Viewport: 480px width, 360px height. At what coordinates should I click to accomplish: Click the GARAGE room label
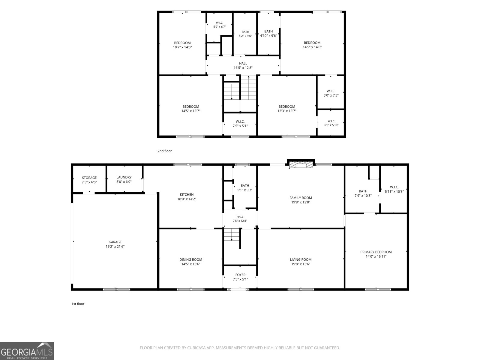click(115, 242)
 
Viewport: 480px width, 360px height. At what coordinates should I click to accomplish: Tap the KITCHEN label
click(187, 194)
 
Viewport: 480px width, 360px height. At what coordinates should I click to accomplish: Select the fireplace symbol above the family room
click(301, 164)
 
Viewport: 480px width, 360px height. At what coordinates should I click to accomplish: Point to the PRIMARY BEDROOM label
click(376, 252)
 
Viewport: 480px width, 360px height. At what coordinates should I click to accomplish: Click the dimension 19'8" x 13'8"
click(301, 202)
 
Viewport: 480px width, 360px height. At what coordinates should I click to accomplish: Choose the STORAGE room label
click(89, 178)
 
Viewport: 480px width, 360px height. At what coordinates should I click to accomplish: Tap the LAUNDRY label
click(124, 177)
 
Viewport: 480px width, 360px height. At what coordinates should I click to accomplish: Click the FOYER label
click(240, 275)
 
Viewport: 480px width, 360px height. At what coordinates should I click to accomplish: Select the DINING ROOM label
click(191, 260)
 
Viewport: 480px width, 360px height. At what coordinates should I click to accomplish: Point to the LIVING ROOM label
click(301, 260)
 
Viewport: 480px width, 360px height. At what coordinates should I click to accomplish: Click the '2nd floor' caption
click(165, 151)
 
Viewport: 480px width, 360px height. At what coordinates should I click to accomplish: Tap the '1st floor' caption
click(78, 304)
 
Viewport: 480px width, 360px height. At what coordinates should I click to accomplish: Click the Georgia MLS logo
click(27, 351)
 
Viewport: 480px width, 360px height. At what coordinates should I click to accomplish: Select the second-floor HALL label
click(243, 64)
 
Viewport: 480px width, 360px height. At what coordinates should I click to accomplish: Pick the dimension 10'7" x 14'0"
click(182, 47)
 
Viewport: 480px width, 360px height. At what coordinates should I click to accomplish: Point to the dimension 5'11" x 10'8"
click(394, 191)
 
